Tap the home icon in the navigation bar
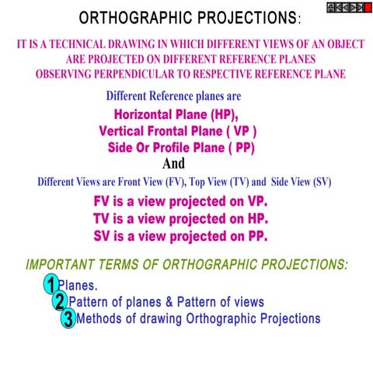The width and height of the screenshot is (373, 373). (331, 7)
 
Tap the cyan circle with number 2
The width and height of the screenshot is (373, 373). (60, 302)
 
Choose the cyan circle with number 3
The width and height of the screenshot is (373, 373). (68, 319)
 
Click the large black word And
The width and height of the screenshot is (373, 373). (174, 164)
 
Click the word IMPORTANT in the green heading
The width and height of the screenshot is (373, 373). (61, 264)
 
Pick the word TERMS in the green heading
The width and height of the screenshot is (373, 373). (123, 264)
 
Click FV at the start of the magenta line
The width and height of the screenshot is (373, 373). (103, 200)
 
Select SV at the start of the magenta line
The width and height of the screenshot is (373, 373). (103, 236)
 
